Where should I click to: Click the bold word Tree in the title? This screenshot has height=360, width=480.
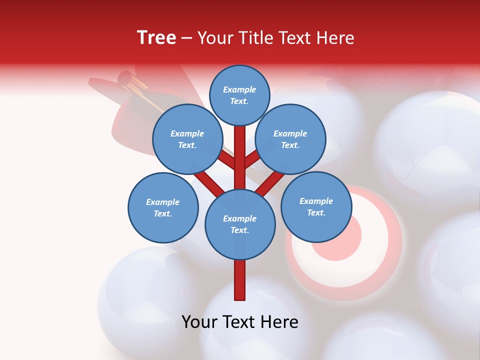pos(156,37)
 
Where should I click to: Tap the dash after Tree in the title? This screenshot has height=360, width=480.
pos(187,38)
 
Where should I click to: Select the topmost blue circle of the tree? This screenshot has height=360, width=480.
pos(239,95)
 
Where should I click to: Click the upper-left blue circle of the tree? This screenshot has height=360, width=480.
pos(187,139)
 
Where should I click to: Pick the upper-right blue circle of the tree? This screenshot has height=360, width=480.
pos(290,139)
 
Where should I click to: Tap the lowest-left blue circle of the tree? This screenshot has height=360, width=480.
pos(163,207)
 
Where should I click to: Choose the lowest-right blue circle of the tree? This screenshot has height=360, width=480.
pos(316,206)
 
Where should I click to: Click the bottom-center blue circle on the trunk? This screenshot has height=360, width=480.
pos(240,224)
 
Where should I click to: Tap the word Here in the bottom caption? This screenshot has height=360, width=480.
pos(281,321)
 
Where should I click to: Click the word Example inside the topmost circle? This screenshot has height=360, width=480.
pos(239,89)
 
